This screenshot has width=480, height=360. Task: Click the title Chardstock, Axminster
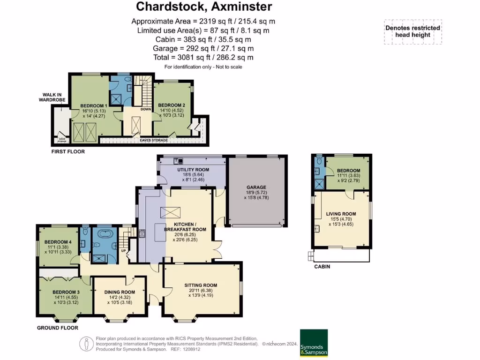pyautogui.click(x=203, y=7)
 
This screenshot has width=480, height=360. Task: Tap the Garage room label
pyautogui.click(x=256, y=187)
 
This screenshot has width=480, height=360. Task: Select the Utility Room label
pyautogui.click(x=193, y=170)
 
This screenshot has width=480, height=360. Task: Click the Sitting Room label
pyautogui.click(x=201, y=285)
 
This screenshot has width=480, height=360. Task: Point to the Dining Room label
pyautogui.click(x=120, y=292)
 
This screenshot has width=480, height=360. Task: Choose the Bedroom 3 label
pyautogui.click(x=66, y=292)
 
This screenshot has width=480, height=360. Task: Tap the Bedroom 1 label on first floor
pyautogui.click(x=94, y=106)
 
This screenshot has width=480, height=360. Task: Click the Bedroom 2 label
pyautogui.click(x=171, y=105)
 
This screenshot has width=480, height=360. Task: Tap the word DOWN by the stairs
pyautogui.click(x=145, y=109)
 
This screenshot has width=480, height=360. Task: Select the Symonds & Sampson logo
pyautogui.click(x=314, y=343)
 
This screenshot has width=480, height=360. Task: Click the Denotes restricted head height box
pyautogui.click(x=412, y=31)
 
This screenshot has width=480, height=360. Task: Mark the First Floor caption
pyautogui.click(x=68, y=152)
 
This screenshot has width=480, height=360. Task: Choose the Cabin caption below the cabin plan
pyautogui.click(x=322, y=267)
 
